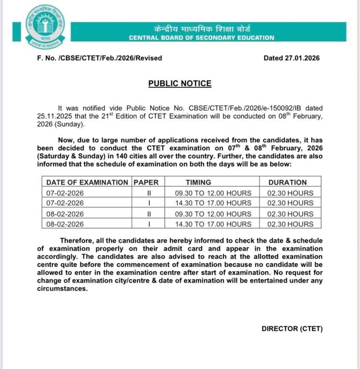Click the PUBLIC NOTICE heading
click(180, 84)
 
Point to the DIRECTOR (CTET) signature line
click(292, 329)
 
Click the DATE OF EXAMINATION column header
click(87, 182)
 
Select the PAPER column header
click(146, 182)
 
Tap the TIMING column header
click(198, 182)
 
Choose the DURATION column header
click(287, 182)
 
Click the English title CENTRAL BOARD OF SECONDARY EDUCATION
click(201, 37)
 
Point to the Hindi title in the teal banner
click(201, 29)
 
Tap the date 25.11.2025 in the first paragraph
click(53, 116)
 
